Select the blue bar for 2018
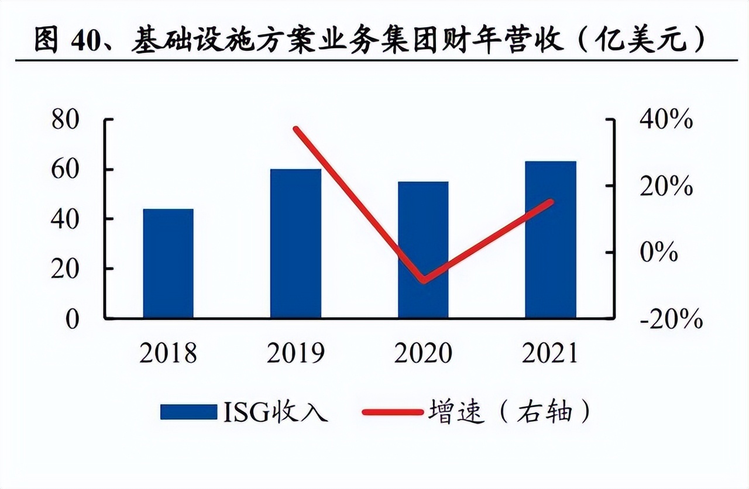(168, 263)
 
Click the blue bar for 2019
(296, 243)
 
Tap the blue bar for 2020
(423, 250)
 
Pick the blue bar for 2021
(551, 239)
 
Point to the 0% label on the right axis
(658, 253)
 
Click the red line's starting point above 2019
(296, 129)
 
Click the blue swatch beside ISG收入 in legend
(188, 412)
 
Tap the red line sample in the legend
(391, 412)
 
